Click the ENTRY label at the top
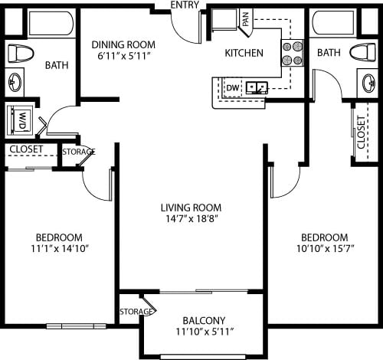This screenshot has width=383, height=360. pyautogui.click(x=185, y=5)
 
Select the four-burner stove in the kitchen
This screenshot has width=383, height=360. pyautogui.click(x=292, y=52)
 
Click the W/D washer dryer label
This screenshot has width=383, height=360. pyautogui.click(x=22, y=120)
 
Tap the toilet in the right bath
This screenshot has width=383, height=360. pyautogui.click(x=361, y=52)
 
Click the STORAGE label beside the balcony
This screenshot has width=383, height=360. pyautogui.click(x=136, y=312)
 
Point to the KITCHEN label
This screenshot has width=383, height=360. pyautogui.click(x=244, y=53)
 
